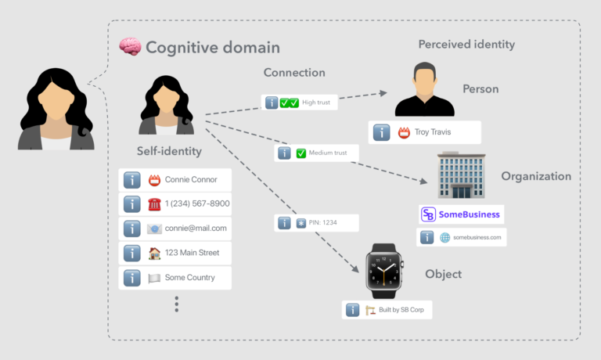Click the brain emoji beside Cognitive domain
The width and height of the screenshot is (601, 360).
[129, 47]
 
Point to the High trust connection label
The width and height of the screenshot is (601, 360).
[299, 103]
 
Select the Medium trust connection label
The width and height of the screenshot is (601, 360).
[315, 153]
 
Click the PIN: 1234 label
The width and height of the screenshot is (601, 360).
[316, 223]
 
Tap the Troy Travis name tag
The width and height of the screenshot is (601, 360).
[424, 132]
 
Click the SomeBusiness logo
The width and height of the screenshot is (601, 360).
[460, 214]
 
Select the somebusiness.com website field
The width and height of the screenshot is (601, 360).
[461, 237]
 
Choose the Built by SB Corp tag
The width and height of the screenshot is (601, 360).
[387, 310]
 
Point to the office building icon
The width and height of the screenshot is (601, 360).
[462, 175]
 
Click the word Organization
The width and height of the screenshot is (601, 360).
[535, 176]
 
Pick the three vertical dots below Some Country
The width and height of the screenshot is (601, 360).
[176, 304]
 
